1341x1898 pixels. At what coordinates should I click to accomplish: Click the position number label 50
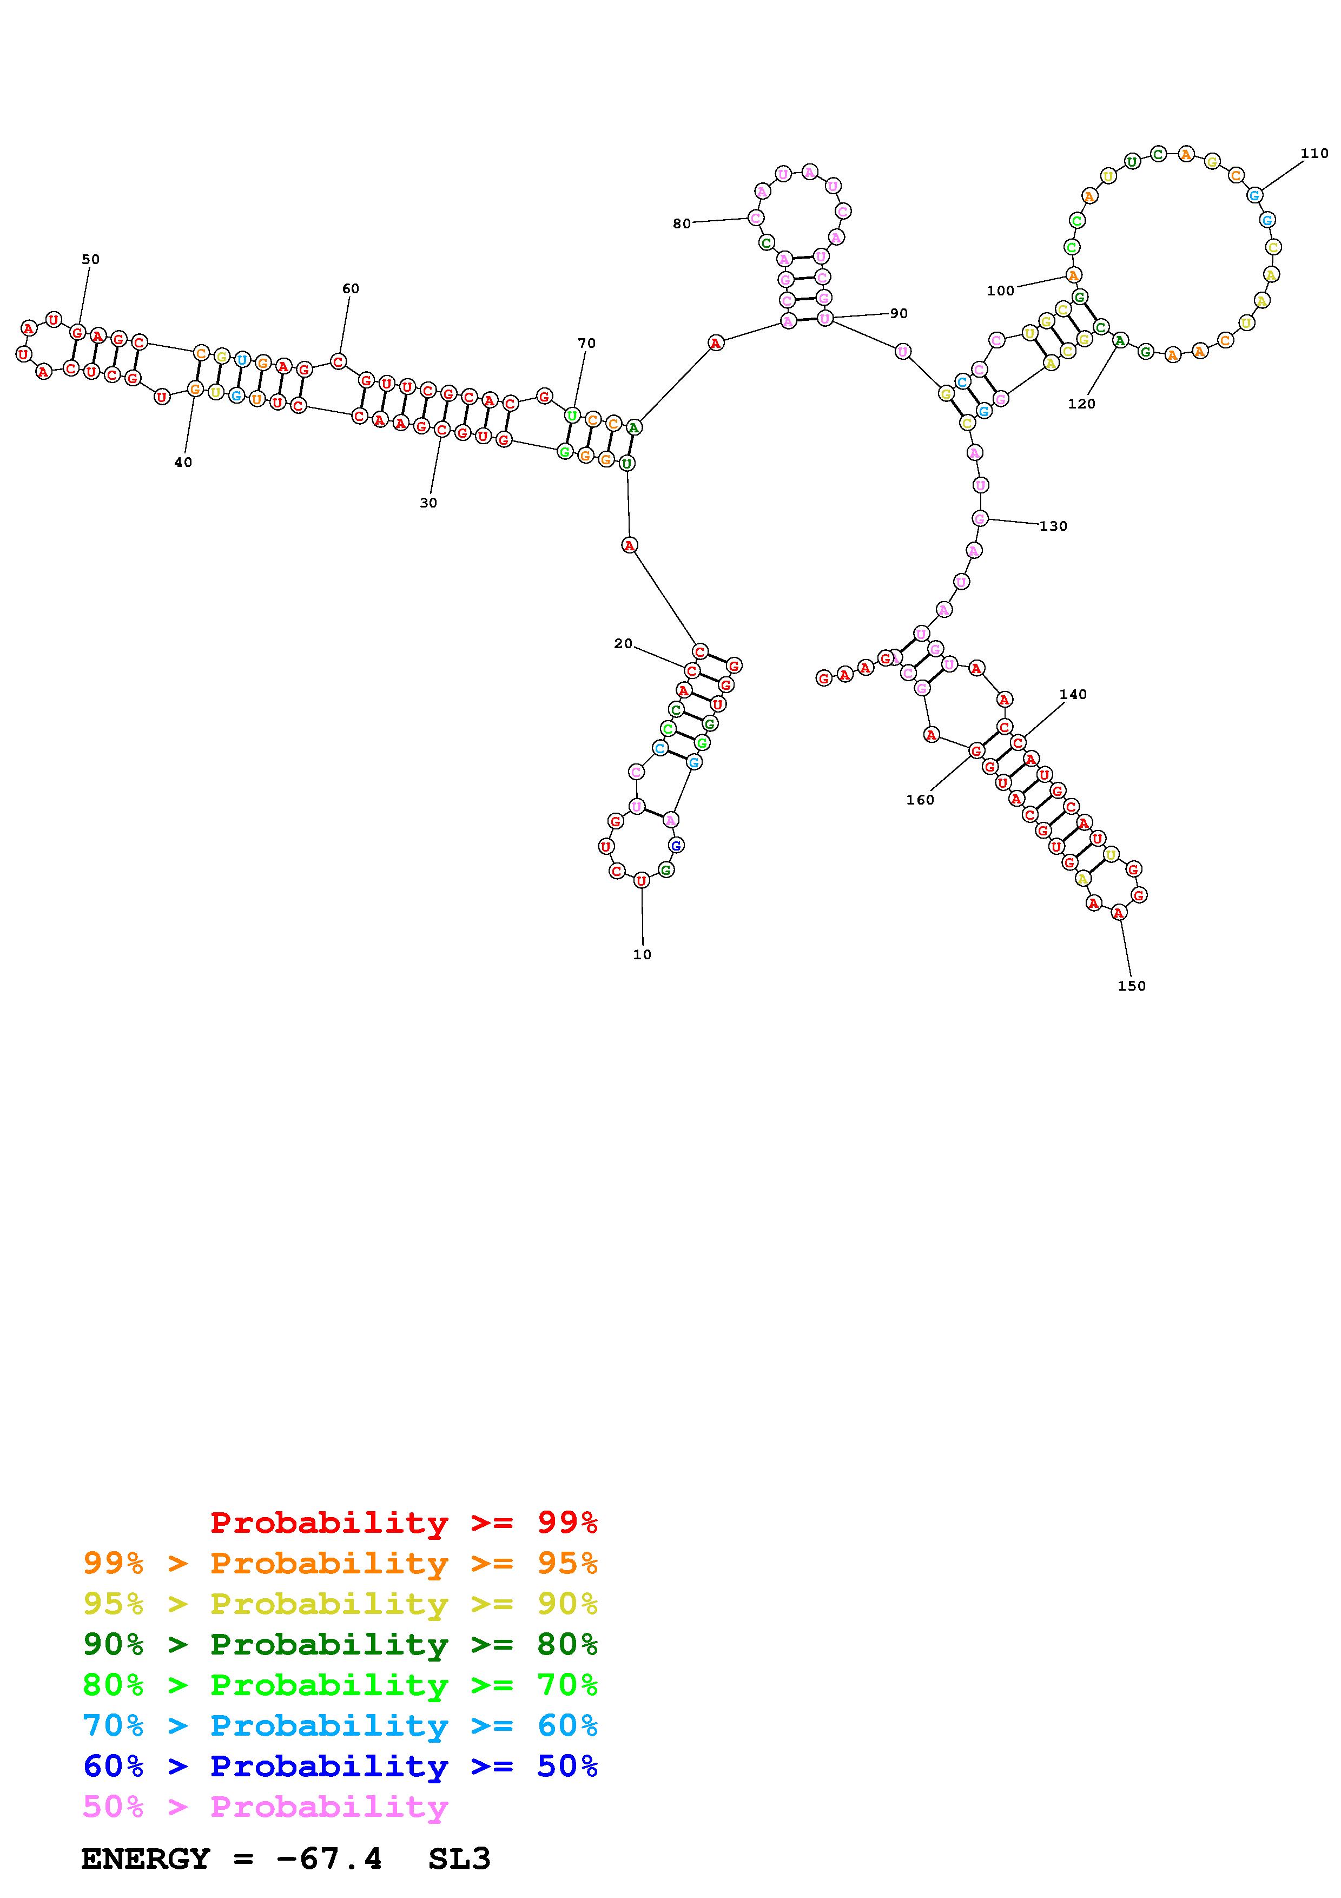90,260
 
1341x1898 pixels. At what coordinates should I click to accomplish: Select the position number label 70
586,343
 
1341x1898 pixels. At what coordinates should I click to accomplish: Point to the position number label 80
682,223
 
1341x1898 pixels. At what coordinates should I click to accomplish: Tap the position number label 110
1314,153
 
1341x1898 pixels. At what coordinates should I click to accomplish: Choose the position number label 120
1081,404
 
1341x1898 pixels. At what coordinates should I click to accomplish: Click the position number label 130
1053,526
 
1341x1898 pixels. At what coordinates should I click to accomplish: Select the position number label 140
1073,694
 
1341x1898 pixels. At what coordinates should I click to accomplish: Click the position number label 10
642,954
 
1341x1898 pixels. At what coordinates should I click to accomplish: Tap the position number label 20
623,643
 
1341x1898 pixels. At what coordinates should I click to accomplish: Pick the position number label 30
428,503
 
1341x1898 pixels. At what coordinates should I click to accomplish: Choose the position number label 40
183,462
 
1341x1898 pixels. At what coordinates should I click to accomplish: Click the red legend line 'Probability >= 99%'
404,1522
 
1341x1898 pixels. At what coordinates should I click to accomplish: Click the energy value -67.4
329,1859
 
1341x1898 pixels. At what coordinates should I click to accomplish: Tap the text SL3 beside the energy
459,1859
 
